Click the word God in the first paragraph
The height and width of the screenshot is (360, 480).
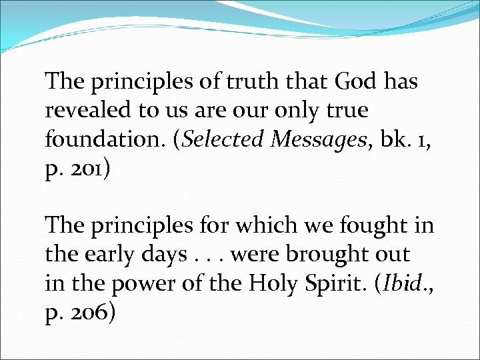pyautogui.click(x=355, y=82)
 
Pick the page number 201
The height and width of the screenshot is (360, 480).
pyautogui.click(x=89, y=168)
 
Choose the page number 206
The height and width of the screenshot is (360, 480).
pyautogui.click(x=90, y=312)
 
